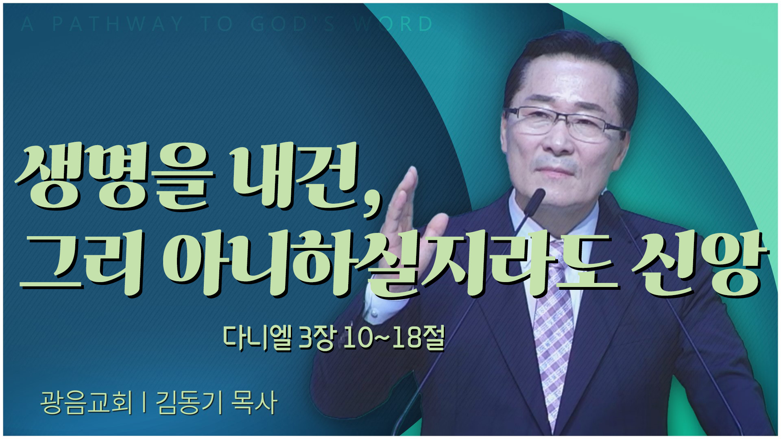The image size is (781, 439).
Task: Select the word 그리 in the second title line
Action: (x=81, y=262)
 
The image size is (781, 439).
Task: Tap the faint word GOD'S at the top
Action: (x=293, y=24)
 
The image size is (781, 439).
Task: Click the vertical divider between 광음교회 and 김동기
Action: (x=144, y=403)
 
